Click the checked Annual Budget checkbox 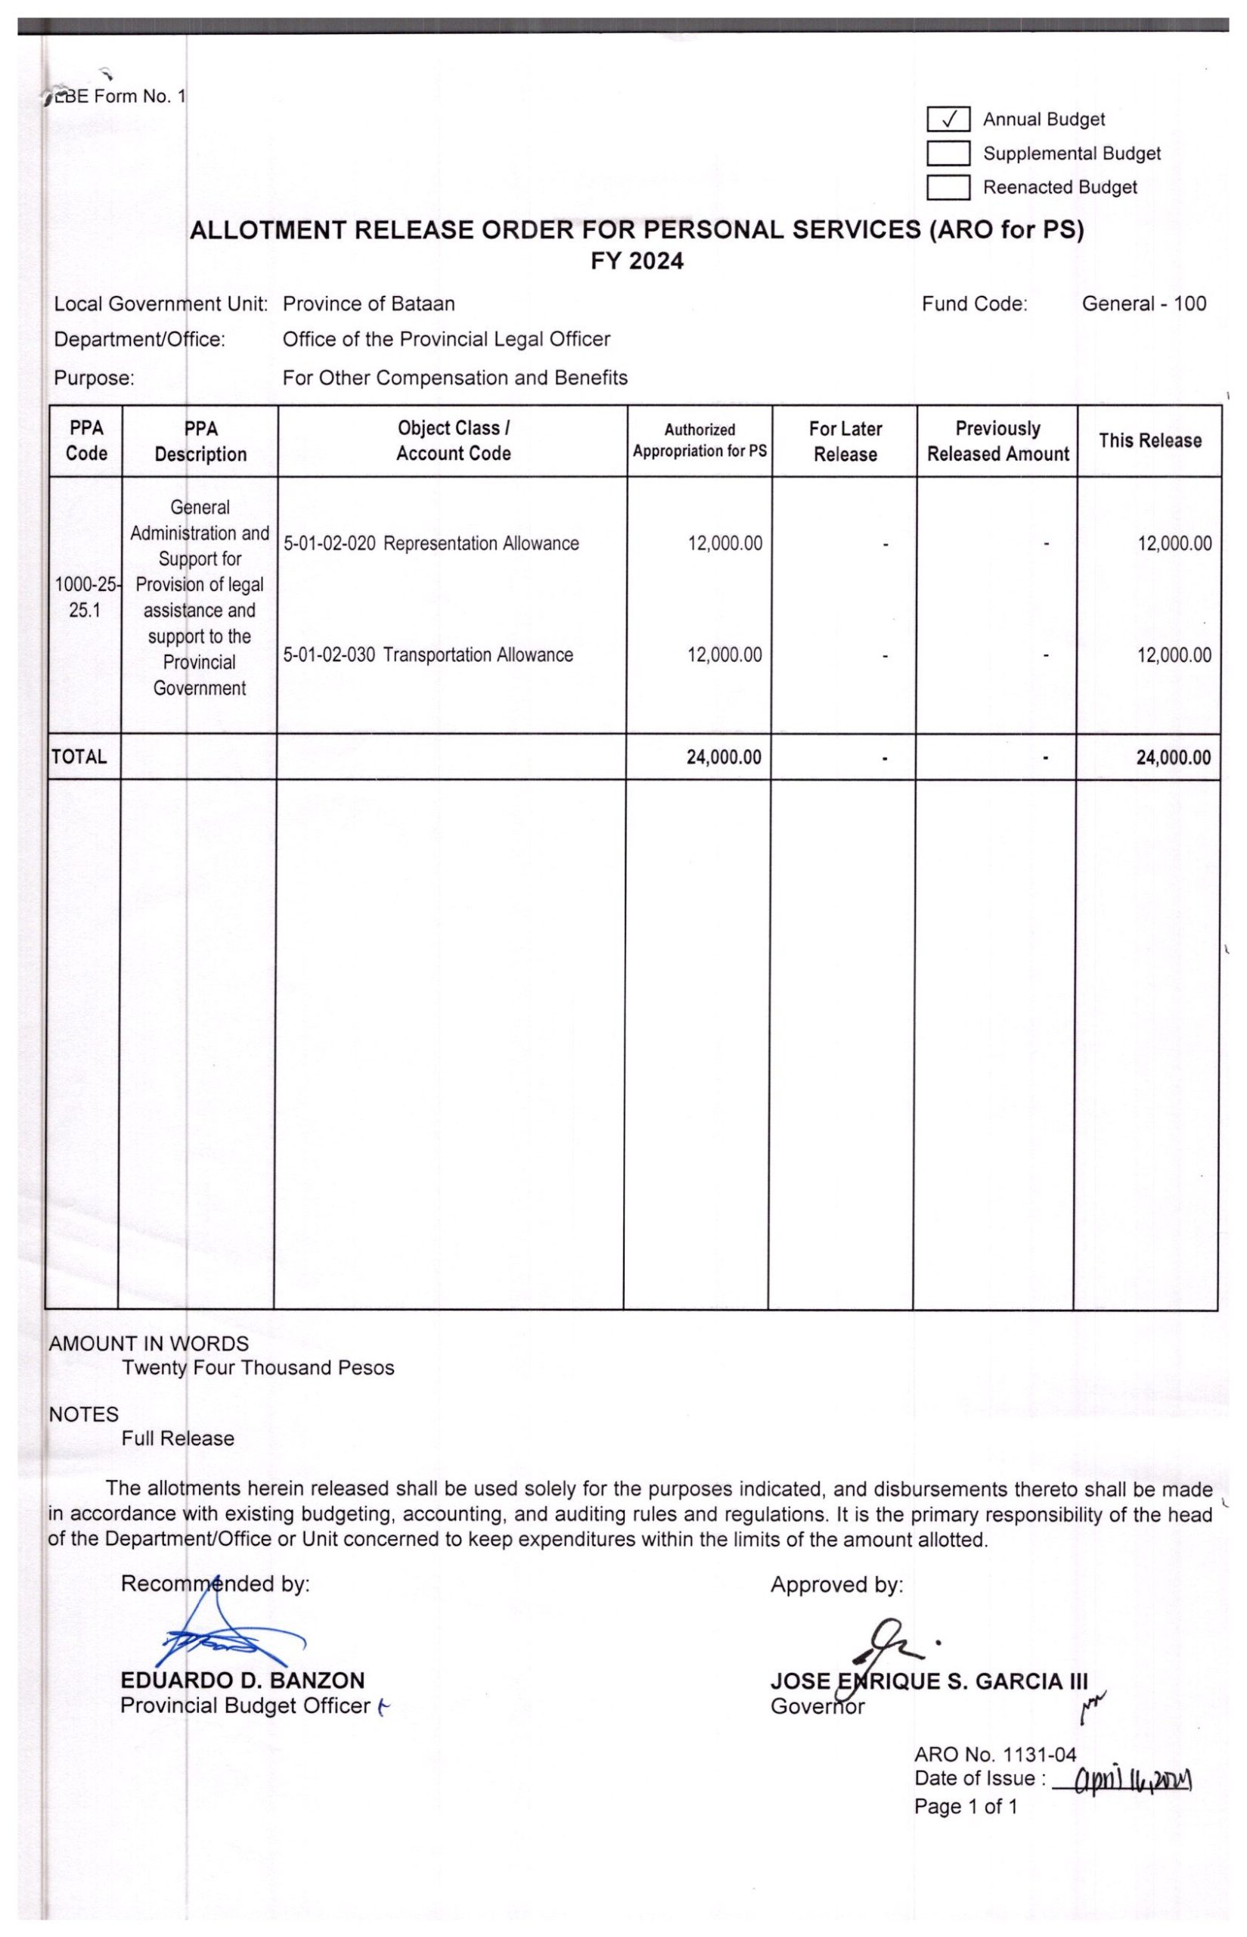[948, 120]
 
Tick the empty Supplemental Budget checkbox [948, 153]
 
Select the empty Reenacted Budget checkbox [948, 187]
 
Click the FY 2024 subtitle [637, 262]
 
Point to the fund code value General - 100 [1143, 304]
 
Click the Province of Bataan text [368, 304]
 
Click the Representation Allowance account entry [431, 543]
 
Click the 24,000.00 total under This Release [1174, 757]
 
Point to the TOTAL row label [79, 757]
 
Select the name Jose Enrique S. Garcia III [929, 1682]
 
